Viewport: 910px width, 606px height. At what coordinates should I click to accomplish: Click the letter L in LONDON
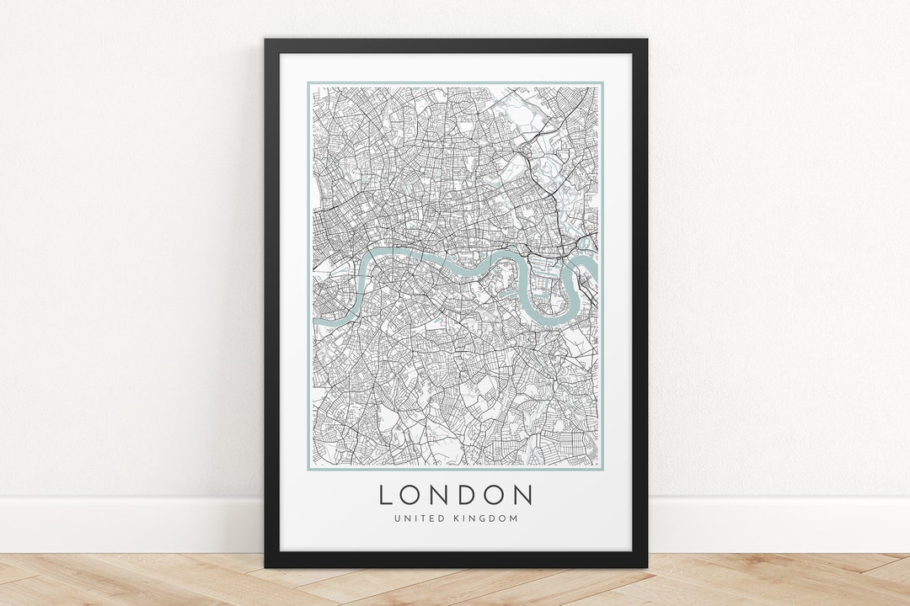pos(386,495)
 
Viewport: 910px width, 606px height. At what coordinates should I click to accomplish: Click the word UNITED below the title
pos(415,518)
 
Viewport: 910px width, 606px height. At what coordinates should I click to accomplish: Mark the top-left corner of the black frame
pos(265,40)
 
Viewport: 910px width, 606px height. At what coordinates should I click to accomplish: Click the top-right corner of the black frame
pos(646,40)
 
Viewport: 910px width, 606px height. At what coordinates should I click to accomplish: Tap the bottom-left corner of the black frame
pos(265,566)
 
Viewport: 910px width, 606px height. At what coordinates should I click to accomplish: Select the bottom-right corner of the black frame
pos(646,566)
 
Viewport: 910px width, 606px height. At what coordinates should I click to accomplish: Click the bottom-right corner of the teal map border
pos(603,470)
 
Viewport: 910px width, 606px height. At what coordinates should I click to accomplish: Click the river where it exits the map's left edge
pos(316,320)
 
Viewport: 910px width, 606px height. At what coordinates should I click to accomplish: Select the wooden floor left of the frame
pos(126,581)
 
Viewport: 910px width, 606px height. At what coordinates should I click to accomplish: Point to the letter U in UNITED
pos(396,518)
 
